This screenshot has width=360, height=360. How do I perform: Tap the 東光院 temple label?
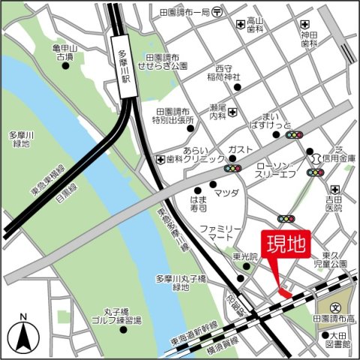tap(244, 256)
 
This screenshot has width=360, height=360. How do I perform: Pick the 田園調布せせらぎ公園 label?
tap(166, 62)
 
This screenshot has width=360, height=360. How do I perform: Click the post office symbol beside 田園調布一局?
tap(217, 12)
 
